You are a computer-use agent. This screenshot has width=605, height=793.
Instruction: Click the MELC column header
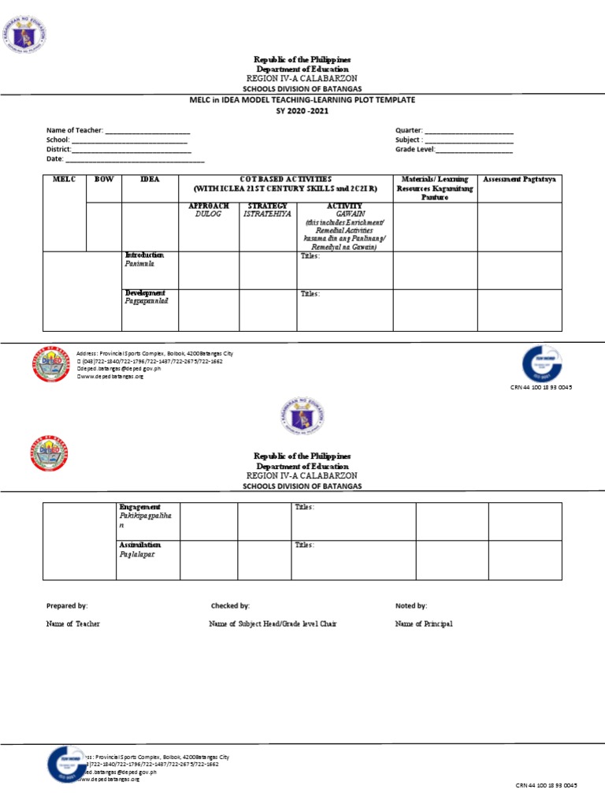[63, 180]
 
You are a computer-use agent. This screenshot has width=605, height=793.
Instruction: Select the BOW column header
[103, 180]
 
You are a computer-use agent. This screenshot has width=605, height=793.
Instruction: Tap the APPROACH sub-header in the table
[208, 207]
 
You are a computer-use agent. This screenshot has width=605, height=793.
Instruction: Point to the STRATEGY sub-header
[267, 207]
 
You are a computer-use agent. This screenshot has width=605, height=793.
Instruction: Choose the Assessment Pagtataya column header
[519, 180]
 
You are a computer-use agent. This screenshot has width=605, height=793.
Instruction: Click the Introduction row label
[144, 255]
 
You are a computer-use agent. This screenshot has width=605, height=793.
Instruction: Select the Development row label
[145, 293]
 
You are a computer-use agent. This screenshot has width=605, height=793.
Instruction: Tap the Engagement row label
[139, 506]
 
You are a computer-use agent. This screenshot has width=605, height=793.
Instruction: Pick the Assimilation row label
[139, 545]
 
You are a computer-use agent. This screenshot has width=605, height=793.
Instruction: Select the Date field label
[55, 158]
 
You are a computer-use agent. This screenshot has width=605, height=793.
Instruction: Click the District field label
[59, 149]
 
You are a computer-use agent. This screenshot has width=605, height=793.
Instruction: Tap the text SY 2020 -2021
[302, 111]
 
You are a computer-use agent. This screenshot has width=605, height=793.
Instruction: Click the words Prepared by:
[67, 606]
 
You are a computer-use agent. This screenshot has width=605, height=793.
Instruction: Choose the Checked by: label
[230, 606]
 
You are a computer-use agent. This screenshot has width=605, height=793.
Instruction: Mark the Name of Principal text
[424, 624]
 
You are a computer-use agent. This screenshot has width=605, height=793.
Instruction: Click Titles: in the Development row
[310, 294]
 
